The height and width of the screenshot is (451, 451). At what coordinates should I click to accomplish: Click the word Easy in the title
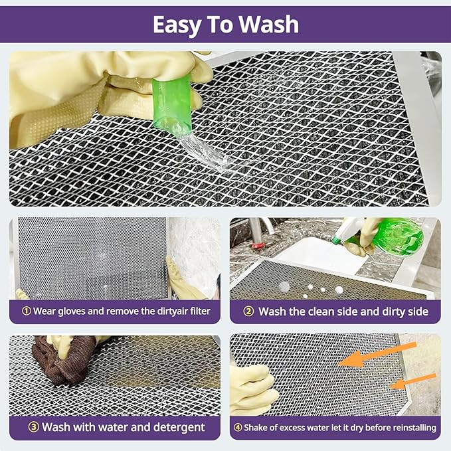pyautogui.click(x=178, y=25)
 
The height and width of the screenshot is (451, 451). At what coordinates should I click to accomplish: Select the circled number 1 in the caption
pyautogui.click(x=26, y=311)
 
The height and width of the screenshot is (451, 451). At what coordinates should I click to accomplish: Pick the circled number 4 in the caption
pyautogui.click(x=238, y=427)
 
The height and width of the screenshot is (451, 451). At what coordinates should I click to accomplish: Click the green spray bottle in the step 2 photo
pyautogui.click(x=397, y=236)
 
